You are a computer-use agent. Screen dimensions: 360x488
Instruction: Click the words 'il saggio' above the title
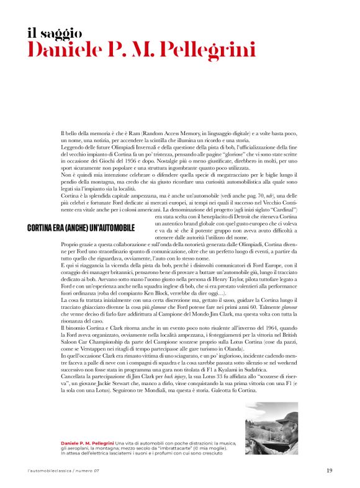point(55,32)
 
